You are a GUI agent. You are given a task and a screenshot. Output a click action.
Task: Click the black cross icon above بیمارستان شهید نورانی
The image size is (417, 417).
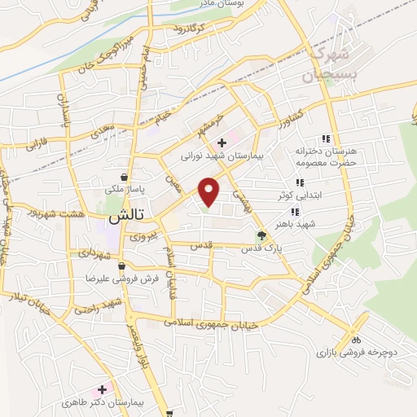(x=222, y=142)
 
